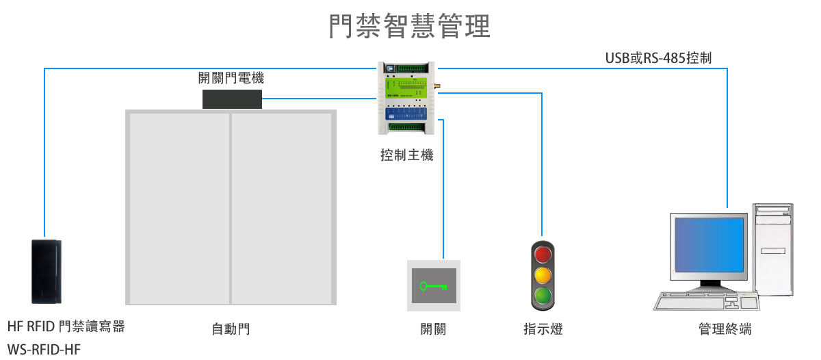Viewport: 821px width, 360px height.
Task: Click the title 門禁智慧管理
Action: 410,26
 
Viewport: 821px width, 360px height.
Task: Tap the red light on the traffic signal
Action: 543,255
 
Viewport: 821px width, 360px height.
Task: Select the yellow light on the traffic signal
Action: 543,275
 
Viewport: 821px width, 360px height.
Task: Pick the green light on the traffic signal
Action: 543,296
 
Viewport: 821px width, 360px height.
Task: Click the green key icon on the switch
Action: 434,286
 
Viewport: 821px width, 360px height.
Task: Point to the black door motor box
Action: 232,99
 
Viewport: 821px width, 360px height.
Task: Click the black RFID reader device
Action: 47,271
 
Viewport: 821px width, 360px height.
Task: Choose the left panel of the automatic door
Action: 179,207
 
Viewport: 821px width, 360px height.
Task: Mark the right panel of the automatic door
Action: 281,207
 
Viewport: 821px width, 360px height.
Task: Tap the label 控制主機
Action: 406,155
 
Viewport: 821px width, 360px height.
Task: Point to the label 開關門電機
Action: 231,78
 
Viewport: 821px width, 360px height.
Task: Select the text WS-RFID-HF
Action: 44,350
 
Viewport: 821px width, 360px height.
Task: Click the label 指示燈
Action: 543,329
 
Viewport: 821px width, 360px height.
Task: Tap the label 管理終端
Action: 725,329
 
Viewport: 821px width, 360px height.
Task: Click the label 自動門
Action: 231,329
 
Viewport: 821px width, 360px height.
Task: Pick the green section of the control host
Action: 406,87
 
